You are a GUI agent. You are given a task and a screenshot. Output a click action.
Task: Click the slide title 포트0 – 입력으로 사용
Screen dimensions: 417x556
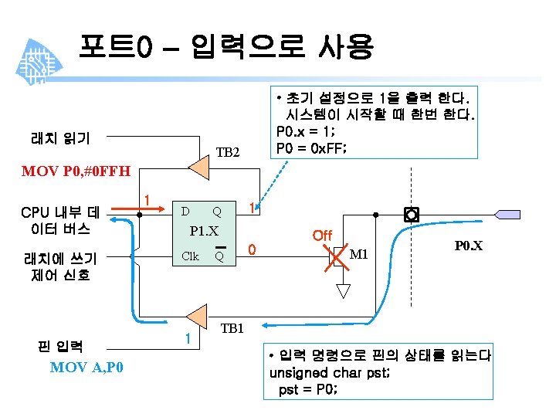(225, 47)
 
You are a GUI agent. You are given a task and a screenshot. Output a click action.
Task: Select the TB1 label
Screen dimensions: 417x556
(232, 328)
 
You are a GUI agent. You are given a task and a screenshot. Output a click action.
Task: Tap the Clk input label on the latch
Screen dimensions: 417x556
(189, 256)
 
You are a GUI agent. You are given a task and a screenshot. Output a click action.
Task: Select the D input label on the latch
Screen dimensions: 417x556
(185, 211)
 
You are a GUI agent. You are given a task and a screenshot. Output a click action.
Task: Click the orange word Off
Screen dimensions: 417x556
(322, 235)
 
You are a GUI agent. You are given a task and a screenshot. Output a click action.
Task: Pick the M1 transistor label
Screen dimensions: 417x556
(360, 256)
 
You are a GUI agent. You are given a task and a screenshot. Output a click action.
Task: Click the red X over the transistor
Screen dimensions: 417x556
(337, 258)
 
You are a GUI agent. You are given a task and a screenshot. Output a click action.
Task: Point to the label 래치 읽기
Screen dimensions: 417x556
(59, 139)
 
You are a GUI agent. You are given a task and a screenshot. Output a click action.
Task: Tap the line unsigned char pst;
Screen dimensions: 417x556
(331, 372)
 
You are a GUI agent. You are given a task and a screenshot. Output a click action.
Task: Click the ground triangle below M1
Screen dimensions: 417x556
(344, 290)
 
